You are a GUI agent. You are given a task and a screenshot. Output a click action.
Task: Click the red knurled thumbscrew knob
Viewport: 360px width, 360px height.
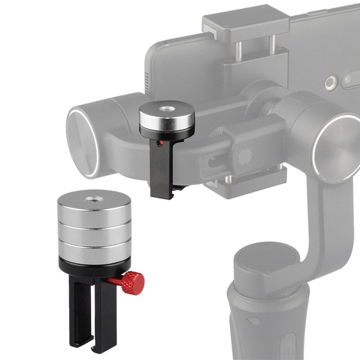[x=133, y=283]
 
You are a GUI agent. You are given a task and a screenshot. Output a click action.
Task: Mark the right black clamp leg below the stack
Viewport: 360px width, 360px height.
[x=104, y=313]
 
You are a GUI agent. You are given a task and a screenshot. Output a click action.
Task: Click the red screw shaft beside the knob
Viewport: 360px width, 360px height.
[x=114, y=280]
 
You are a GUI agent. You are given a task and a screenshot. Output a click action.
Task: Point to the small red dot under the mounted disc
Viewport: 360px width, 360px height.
[x=160, y=144]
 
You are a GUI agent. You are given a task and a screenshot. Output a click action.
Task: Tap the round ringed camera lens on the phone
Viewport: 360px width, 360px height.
[x=330, y=83]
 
